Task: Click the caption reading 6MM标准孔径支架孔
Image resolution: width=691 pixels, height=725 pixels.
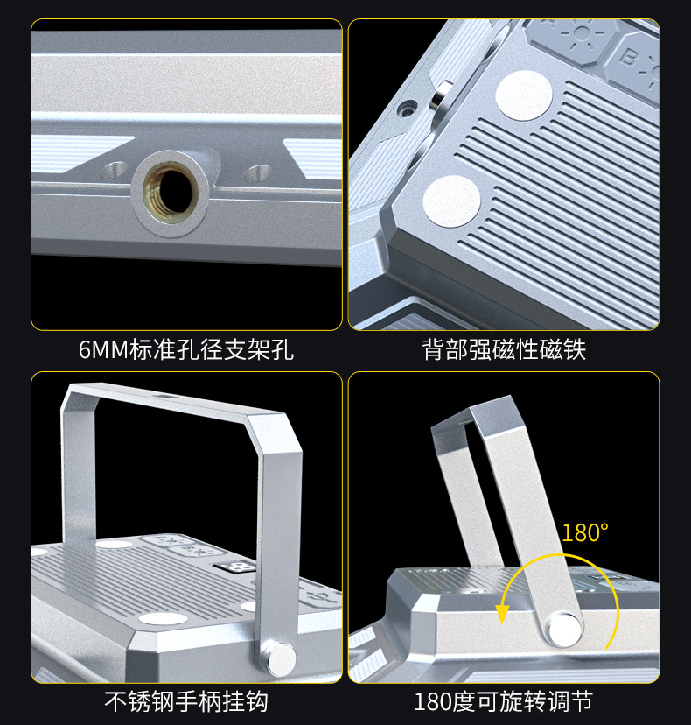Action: (186, 351)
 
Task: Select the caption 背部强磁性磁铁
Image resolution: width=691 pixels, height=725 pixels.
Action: (504, 351)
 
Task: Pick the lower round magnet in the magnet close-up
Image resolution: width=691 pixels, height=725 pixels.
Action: (451, 199)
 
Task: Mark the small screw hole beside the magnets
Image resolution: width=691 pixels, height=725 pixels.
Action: (406, 110)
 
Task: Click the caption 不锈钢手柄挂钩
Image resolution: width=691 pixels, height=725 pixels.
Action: (186, 701)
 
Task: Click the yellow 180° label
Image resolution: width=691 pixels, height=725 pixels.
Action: (585, 532)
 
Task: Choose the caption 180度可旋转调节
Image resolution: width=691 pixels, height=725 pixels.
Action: (504, 701)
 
